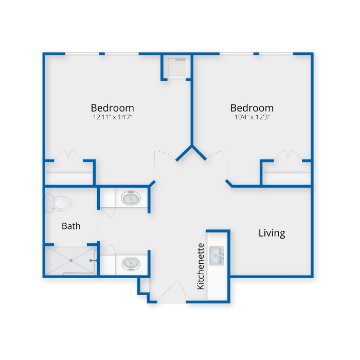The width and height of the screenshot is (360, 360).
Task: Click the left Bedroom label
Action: (112, 108)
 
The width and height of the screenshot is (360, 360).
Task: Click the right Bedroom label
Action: (251, 108)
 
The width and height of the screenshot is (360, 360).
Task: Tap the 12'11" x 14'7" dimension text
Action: (112, 117)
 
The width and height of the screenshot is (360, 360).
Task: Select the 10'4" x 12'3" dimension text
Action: (251, 117)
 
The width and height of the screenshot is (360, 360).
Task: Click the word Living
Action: (272, 233)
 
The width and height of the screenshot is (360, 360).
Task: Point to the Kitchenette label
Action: (201, 266)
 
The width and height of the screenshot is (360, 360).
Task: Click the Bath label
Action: (71, 226)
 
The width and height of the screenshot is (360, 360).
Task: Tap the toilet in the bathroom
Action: (58, 203)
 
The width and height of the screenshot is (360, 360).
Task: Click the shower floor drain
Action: (70, 260)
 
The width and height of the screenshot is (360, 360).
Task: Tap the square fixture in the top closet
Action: (178, 66)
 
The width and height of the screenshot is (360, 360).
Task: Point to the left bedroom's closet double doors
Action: (69, 155)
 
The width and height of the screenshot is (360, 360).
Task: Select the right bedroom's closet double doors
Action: (287, 155)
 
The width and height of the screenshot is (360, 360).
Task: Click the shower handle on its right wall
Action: (93, 261)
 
